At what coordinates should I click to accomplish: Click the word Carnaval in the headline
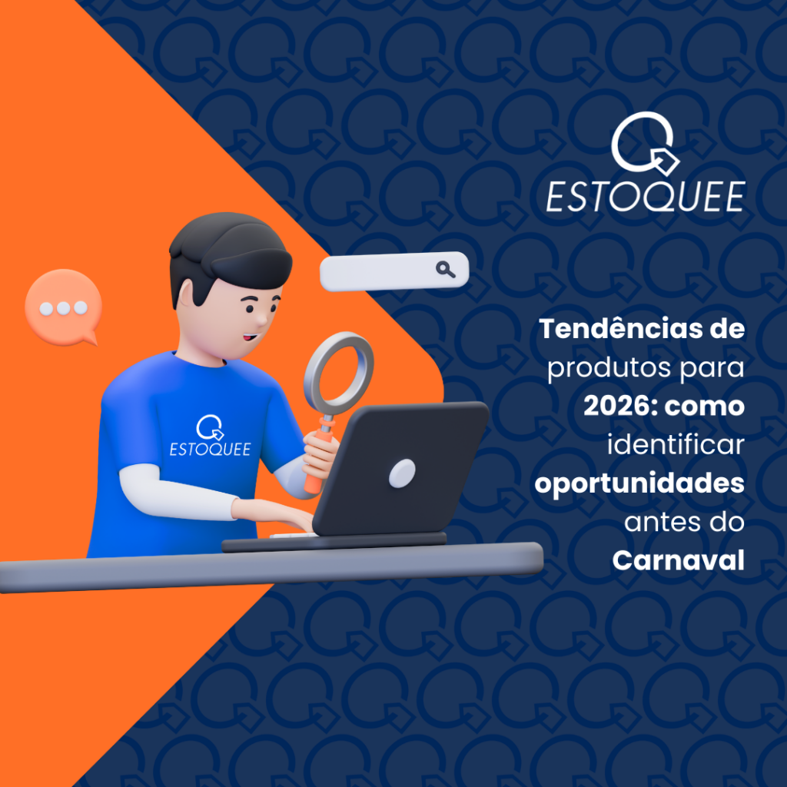[x=678, y=561]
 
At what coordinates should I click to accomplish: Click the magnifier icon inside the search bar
[x=445, y=269]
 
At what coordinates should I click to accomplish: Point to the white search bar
[x=384, y=271]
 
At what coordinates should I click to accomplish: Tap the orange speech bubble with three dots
[x=64, y=306]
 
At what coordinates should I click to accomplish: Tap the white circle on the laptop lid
[x=401, y=473]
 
